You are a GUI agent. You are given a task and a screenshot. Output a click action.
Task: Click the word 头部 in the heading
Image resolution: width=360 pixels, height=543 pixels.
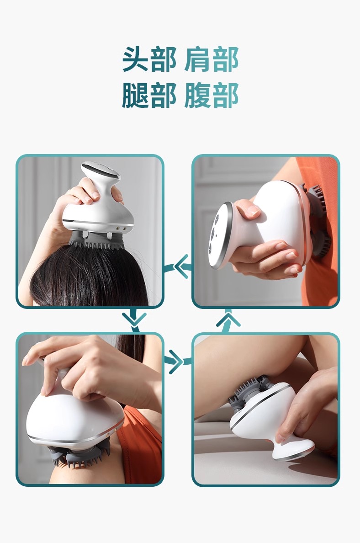149,59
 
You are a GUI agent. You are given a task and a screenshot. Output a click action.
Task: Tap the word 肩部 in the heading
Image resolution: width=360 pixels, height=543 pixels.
211,59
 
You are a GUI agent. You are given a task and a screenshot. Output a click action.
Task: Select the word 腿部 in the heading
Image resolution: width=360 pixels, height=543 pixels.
149,95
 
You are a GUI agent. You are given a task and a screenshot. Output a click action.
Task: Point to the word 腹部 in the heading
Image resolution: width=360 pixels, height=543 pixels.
211,95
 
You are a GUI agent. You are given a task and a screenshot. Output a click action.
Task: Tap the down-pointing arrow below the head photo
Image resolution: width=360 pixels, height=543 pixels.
134,319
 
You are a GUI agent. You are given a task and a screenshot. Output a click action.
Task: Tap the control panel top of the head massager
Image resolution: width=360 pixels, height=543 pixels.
101,170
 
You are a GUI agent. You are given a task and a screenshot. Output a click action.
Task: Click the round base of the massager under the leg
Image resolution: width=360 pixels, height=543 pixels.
294,451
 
